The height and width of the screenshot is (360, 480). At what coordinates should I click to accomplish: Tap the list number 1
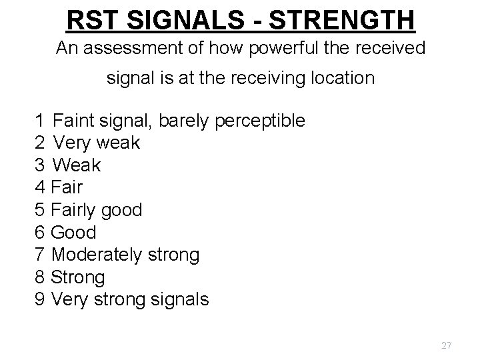pos(39,121)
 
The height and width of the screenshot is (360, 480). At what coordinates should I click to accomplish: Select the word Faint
pos(74,121)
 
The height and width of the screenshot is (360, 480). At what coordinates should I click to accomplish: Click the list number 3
pos(39,165)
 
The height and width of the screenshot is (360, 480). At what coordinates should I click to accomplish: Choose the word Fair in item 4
pos(66,187)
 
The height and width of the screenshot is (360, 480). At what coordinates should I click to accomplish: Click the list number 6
pos(39,233)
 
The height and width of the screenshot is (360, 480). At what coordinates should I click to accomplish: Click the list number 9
pos(39,300)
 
